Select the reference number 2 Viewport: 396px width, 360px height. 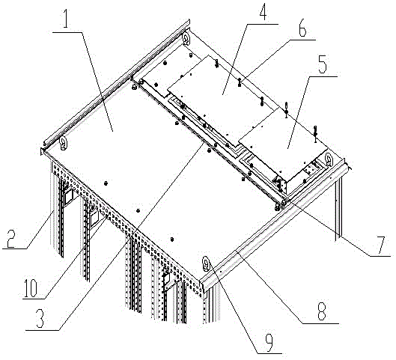pos(11,237)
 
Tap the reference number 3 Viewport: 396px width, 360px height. pos(40,319)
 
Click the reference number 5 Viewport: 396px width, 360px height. pos(322,64)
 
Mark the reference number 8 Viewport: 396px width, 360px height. pos(322,311)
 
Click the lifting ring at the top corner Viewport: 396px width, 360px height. pos(186,38)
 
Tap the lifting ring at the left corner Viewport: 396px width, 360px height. pos(63,143)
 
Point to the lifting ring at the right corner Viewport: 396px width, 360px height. pos(329,159)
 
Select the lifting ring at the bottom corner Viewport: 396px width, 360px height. pos(207,263)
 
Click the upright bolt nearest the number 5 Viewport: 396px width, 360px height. pos(315,133)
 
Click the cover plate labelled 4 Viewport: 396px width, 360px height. pos(222,98)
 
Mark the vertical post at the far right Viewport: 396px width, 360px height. pos(338,208)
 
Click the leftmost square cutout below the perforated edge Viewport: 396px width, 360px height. pos(68,196)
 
